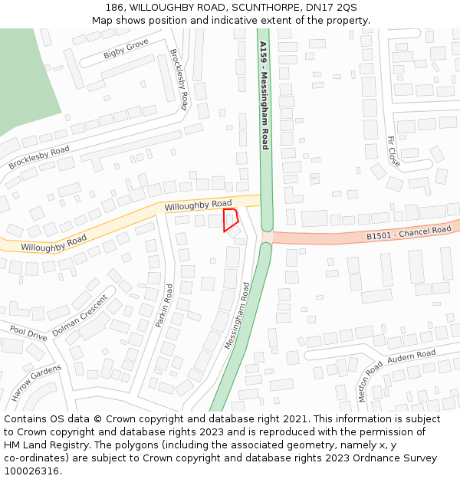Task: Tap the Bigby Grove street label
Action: pos(126,50)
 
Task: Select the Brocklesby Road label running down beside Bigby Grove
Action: pos(179,80)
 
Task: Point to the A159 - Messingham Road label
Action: pos(264,95)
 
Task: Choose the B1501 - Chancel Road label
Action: pos(409,233)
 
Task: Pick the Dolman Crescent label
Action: pos(80,317)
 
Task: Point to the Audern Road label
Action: pos(411,356)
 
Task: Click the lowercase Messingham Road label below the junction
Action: pos(237,316)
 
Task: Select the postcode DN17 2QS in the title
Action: pos(330,8)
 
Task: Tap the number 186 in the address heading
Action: pos(115,8)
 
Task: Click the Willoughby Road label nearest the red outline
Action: pos(198,205)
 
